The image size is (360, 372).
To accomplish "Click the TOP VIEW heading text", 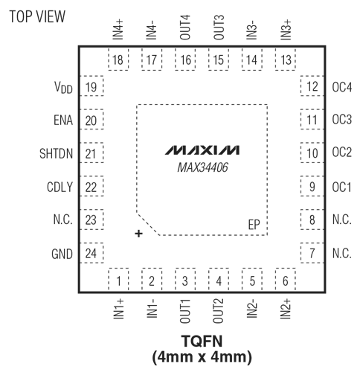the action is [x=37, y=16].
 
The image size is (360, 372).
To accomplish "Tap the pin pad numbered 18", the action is [x=118, y=60].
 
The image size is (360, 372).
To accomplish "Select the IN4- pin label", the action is [x=152, y=30].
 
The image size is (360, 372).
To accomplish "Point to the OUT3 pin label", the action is [x=219, y=28].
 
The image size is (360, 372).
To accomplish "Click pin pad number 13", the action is [x=286, y=60].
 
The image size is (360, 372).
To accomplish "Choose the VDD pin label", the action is [x=63, y=88].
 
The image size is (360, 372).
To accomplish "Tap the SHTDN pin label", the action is [x=57, y=153].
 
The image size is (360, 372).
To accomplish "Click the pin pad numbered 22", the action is [x=91, y=186].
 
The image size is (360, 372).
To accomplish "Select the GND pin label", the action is [x=62, y=254].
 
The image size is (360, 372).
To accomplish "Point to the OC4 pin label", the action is [x=342, y=87].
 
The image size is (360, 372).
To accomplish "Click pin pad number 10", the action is [x=312, y=153].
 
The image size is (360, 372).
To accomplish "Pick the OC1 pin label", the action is [x=341, y=187].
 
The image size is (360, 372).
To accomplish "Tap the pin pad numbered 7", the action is [x=312, y=253].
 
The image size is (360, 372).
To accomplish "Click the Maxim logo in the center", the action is [x=202, y=150].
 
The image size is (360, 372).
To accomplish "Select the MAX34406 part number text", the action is [x=202, y=167].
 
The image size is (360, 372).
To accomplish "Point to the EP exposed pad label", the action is [x=254, y=225].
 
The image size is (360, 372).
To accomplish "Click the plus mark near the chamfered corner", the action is [x=138, y=234].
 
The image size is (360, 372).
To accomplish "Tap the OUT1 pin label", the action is [x=185, y=311].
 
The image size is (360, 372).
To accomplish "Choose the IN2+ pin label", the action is [x=286, y=309].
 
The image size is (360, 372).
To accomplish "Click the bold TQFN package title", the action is [x=202, y=341].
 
